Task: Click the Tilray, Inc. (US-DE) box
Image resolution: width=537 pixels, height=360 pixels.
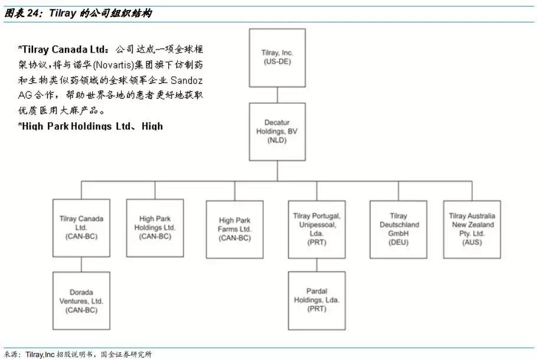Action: (277, 57)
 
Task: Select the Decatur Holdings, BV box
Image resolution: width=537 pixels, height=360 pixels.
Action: (277, 131)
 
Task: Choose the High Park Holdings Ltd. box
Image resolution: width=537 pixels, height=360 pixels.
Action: (155, 227)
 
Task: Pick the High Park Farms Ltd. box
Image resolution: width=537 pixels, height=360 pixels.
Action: (235, 229)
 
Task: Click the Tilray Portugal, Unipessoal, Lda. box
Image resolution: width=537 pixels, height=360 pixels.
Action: (317, 229)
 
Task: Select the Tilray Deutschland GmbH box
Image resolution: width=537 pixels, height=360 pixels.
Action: (398, 229)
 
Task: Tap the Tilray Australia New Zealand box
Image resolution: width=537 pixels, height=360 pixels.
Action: (472, 229)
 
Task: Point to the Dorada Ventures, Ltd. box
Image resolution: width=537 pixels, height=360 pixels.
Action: (81, 300)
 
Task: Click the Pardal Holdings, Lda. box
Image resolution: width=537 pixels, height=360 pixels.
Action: (317, 300)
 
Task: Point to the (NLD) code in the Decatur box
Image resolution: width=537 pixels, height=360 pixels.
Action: (277, 140)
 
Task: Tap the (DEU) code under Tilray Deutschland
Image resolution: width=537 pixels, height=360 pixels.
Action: (398, 242)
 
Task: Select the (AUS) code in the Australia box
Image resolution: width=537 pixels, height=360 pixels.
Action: (472, 242)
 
